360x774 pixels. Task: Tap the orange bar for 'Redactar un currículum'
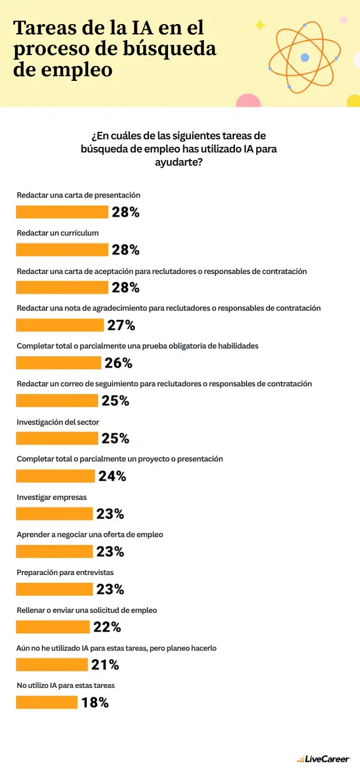(62, 249)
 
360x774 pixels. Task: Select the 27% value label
(121, 325)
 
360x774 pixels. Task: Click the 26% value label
(118, 363)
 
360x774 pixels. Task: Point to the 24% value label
(112, 476)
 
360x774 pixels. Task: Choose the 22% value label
(107, 627)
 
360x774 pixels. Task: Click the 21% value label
(105, 664)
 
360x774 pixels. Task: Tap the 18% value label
(95, 702)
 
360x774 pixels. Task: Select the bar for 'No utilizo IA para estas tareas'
(46, 702)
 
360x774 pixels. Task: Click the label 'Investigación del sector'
(58, 422)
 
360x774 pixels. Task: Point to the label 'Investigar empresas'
(52, 497)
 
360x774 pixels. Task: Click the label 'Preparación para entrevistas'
(65, 572)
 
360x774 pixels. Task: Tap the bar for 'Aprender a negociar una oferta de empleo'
(54, 552)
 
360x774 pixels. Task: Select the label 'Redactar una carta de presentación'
(79, 195)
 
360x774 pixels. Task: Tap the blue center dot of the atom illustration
(304, 57)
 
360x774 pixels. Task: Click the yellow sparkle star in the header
(260, 25)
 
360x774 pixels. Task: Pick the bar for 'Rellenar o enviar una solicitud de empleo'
(53, 627)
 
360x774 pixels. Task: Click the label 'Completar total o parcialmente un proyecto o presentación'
(120, 459)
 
